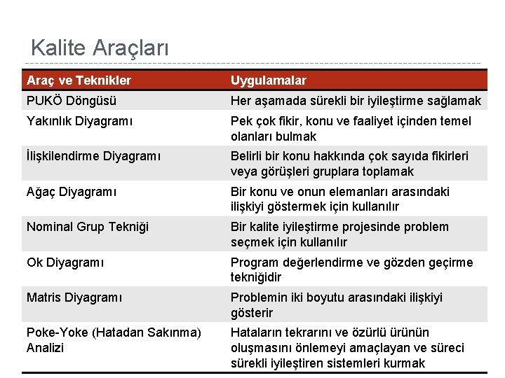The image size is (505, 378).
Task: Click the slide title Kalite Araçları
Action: tap(100, 48)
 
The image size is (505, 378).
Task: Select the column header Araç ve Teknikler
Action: tap(79, 80)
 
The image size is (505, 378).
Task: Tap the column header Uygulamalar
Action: tap(268, 80)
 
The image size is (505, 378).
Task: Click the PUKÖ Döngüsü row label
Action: tap(72, 101)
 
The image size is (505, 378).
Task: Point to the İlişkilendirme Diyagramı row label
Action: tap(93, 156)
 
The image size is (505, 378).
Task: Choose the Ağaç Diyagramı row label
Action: tap(71, 192)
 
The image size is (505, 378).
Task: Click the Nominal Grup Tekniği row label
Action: tap(88, 227)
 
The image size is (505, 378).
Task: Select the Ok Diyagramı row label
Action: tap(65, 262)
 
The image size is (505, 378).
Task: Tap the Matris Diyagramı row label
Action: tap(74, 297)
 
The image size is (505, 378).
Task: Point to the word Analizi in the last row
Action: tap(45, 348)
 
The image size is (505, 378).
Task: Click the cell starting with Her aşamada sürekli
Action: tap(356, 101)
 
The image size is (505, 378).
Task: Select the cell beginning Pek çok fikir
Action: tap(351, 129)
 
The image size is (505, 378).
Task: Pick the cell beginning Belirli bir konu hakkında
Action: tap(349, 164)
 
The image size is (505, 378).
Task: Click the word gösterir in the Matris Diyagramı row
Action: tap(252, 313)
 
